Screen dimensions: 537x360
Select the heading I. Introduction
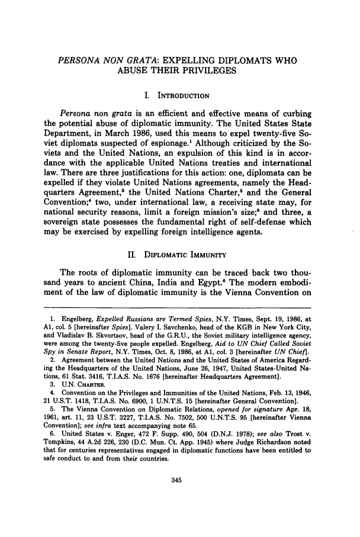point(179,94)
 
